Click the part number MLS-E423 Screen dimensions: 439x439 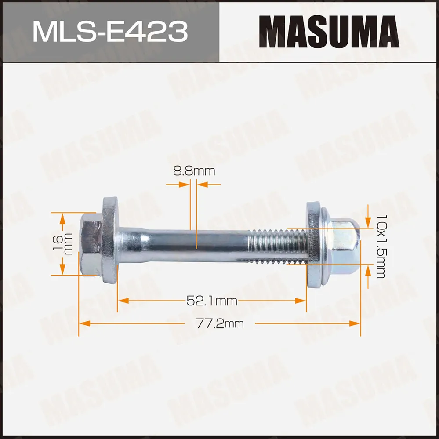click(x=110, y=32)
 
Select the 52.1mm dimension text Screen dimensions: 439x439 click(x=212, y=301)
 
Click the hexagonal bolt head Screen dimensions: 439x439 click(x=91, y=244)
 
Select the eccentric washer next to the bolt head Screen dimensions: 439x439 click(x=110, y=241)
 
